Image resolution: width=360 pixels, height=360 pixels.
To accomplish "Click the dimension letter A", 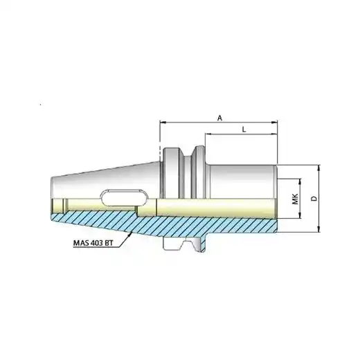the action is [220, 118].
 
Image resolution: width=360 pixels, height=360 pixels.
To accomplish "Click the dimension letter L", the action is [244, 129].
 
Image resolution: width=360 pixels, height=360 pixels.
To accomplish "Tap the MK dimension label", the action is [295, 199].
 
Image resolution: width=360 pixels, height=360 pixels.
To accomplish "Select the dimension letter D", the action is [314, 199].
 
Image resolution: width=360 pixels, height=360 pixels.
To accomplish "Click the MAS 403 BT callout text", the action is [92, 243].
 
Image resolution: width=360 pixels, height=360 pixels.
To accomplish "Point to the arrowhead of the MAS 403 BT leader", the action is [130, 233].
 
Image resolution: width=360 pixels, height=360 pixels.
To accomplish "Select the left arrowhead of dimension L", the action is [208, 134].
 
